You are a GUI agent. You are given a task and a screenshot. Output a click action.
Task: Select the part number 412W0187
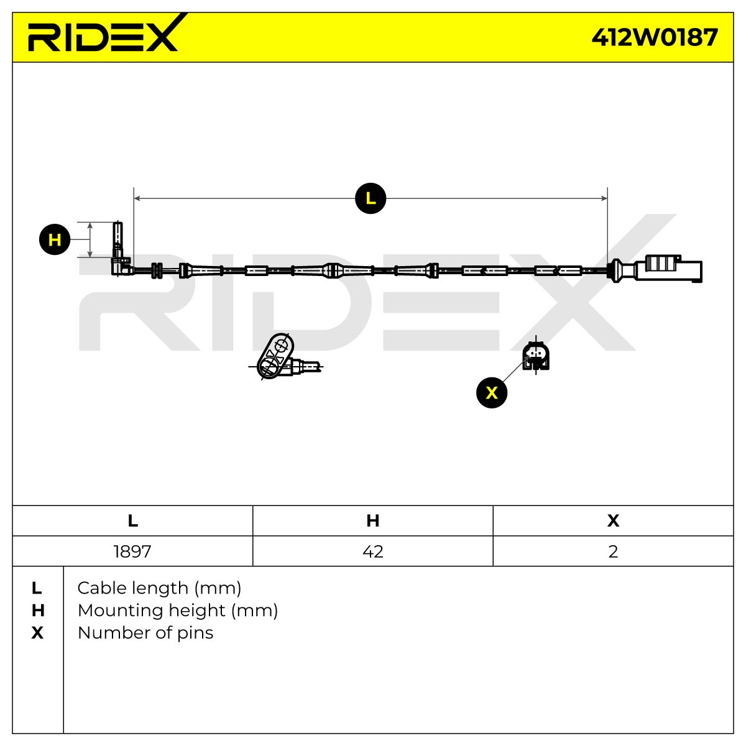655,37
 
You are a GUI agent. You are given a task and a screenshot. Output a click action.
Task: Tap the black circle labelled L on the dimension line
371,198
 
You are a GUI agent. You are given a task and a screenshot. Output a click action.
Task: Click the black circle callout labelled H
55,239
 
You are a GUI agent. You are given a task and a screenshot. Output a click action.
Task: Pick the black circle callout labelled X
492,392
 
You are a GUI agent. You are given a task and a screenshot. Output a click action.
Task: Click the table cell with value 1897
132,551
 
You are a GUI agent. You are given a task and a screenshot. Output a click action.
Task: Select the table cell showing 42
373,551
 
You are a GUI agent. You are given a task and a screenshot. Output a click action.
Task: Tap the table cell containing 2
613,551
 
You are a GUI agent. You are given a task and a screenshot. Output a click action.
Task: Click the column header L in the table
132,521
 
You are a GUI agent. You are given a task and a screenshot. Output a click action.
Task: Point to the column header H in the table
373,521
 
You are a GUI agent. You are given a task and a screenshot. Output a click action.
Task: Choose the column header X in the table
613,521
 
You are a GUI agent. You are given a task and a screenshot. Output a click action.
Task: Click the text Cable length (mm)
160,588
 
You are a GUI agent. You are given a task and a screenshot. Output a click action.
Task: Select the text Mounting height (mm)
178,610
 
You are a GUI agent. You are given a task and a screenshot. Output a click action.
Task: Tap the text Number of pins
145,633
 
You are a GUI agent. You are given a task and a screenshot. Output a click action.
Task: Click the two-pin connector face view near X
536,356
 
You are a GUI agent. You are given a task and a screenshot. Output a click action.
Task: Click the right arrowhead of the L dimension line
604,198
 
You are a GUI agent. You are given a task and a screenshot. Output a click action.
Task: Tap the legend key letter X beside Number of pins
37,633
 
